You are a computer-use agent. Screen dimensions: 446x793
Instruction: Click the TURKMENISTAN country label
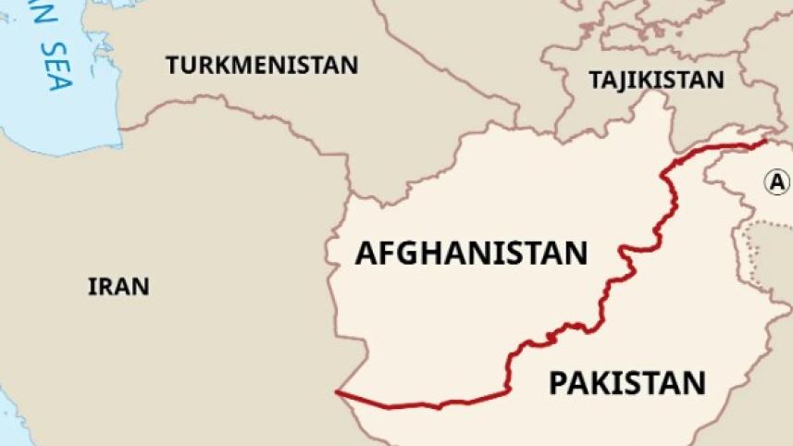tap(262, 65)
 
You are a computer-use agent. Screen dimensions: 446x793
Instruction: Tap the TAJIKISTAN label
tap(656, 80)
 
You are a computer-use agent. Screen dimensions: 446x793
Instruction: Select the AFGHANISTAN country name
tap(471, 253)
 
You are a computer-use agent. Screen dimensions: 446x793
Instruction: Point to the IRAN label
tap(118, 286)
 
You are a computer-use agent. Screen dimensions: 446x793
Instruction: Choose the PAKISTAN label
tap(626, 381)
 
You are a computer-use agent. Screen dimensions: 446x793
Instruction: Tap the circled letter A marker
tap(777, 181)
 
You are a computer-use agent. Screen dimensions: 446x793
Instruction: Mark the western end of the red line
tap(338, 394)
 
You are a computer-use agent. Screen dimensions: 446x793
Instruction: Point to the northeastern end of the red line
tap(765, 142)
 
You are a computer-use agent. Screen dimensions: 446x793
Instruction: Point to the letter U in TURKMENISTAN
tap(188, 65)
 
